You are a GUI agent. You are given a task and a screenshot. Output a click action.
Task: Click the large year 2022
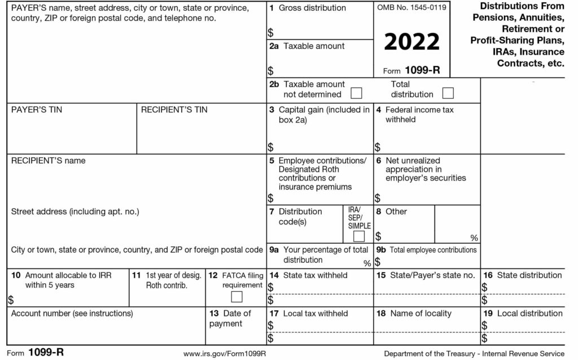pos(411,42)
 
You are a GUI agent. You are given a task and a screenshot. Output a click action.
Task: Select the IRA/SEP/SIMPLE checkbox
pos(358,236)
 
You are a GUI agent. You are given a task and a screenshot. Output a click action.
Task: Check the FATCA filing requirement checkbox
pos(237,297)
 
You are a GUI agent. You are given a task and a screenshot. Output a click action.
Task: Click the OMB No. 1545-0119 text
pos(411,8)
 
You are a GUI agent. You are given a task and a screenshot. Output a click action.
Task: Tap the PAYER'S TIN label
pos(37,109)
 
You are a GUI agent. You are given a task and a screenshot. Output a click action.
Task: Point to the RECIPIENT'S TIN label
pos(174,109)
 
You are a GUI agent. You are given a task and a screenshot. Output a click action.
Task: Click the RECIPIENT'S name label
pos(48,161)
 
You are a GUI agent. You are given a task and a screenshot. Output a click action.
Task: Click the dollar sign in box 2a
pos(271,71)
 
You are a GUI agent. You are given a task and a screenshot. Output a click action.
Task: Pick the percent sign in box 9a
pos(367,263)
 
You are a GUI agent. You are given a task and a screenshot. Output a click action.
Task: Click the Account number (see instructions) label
pos(72,313)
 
